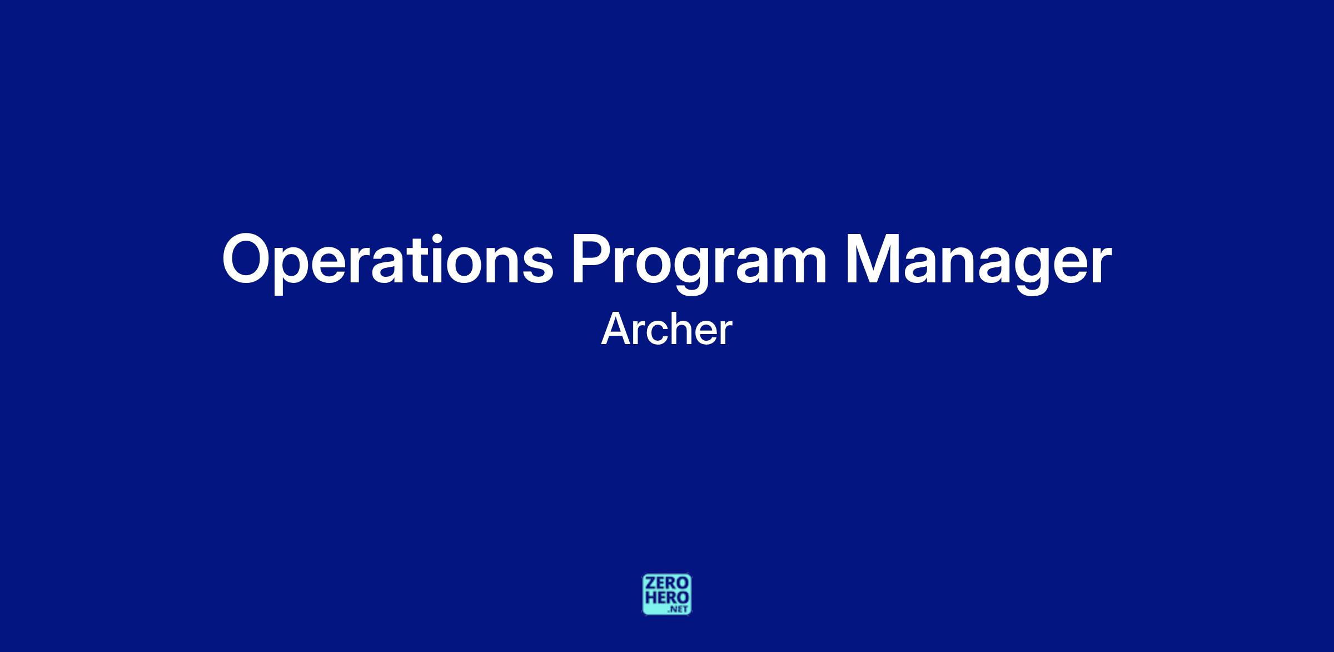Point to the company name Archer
tap(666, 329)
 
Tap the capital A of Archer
tap(617, 330)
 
